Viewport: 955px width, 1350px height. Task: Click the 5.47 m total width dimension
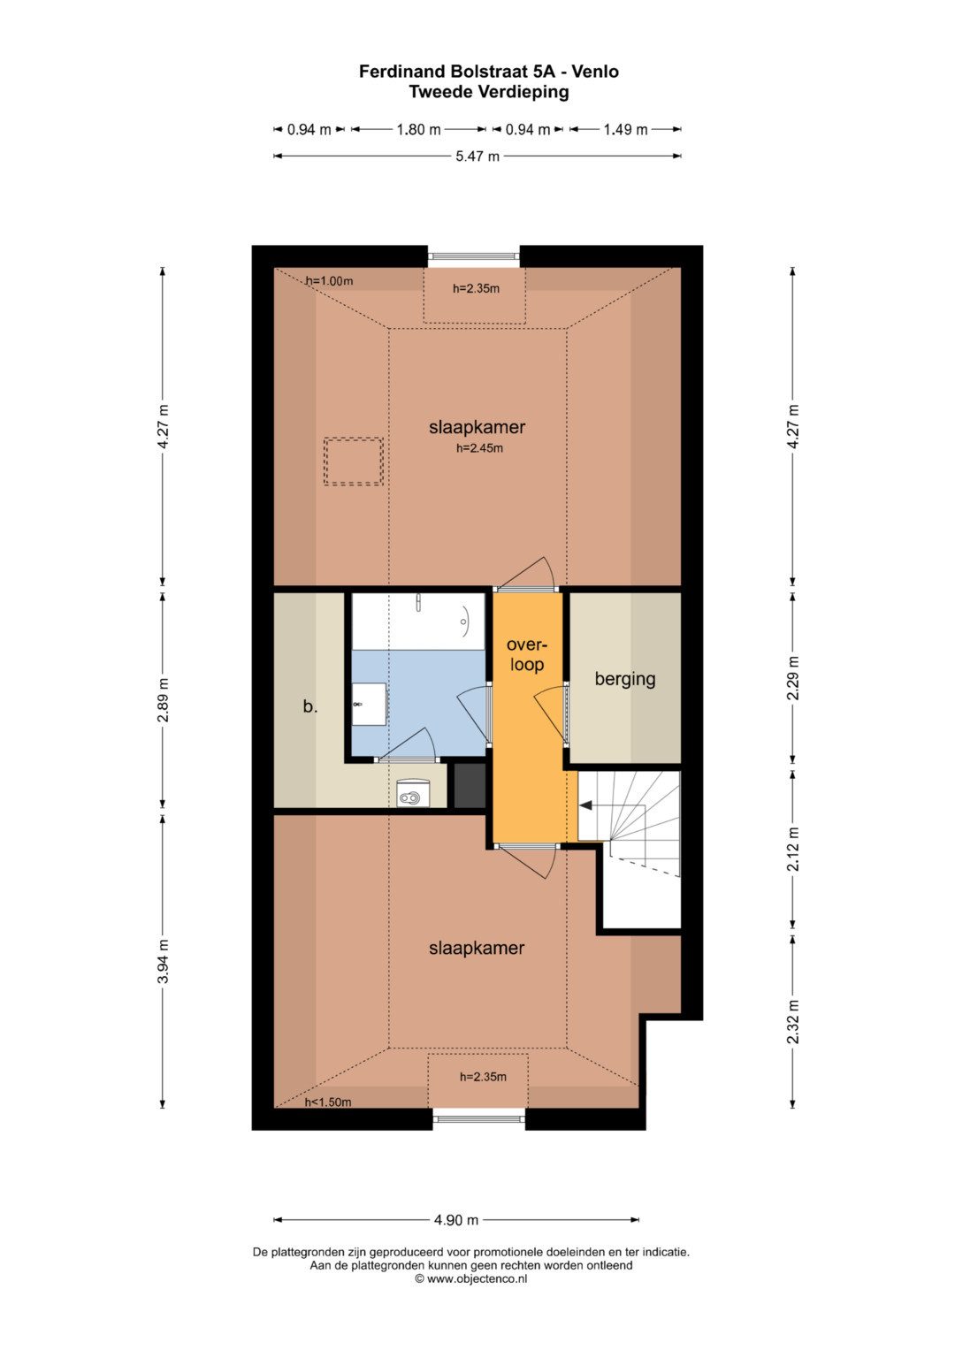(x=477, y=156)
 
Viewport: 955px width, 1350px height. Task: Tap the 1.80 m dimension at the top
(x=418, y=130)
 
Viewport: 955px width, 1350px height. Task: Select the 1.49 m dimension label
(x=625, y=130)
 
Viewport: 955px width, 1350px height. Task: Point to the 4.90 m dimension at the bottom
(x=456, y=1220)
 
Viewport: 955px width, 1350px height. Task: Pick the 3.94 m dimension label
(x=163, y=961)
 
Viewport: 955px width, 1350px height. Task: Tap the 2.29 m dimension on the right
(x=793, y=677)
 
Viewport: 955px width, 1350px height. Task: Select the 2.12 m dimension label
(x=793, y=848)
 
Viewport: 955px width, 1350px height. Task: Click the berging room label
(x=625, y=679)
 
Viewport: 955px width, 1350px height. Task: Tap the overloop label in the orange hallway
(x=527, y=654)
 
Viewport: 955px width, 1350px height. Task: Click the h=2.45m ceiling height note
(x=479, y=448)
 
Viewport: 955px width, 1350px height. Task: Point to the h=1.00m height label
(x=329, y=281)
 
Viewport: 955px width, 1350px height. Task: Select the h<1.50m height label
(x=328, y=1102)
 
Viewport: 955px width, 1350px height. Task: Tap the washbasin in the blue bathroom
(x=369, y=704)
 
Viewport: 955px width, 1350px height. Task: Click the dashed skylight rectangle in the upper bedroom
(x=354, y=461)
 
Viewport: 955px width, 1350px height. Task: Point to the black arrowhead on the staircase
(x=585, y=805)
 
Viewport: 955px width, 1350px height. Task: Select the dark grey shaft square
(x=470, y=785)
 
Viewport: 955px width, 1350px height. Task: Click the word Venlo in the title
(x=595, y=72)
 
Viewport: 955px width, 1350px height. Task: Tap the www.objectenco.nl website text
(x=477, y=1278)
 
